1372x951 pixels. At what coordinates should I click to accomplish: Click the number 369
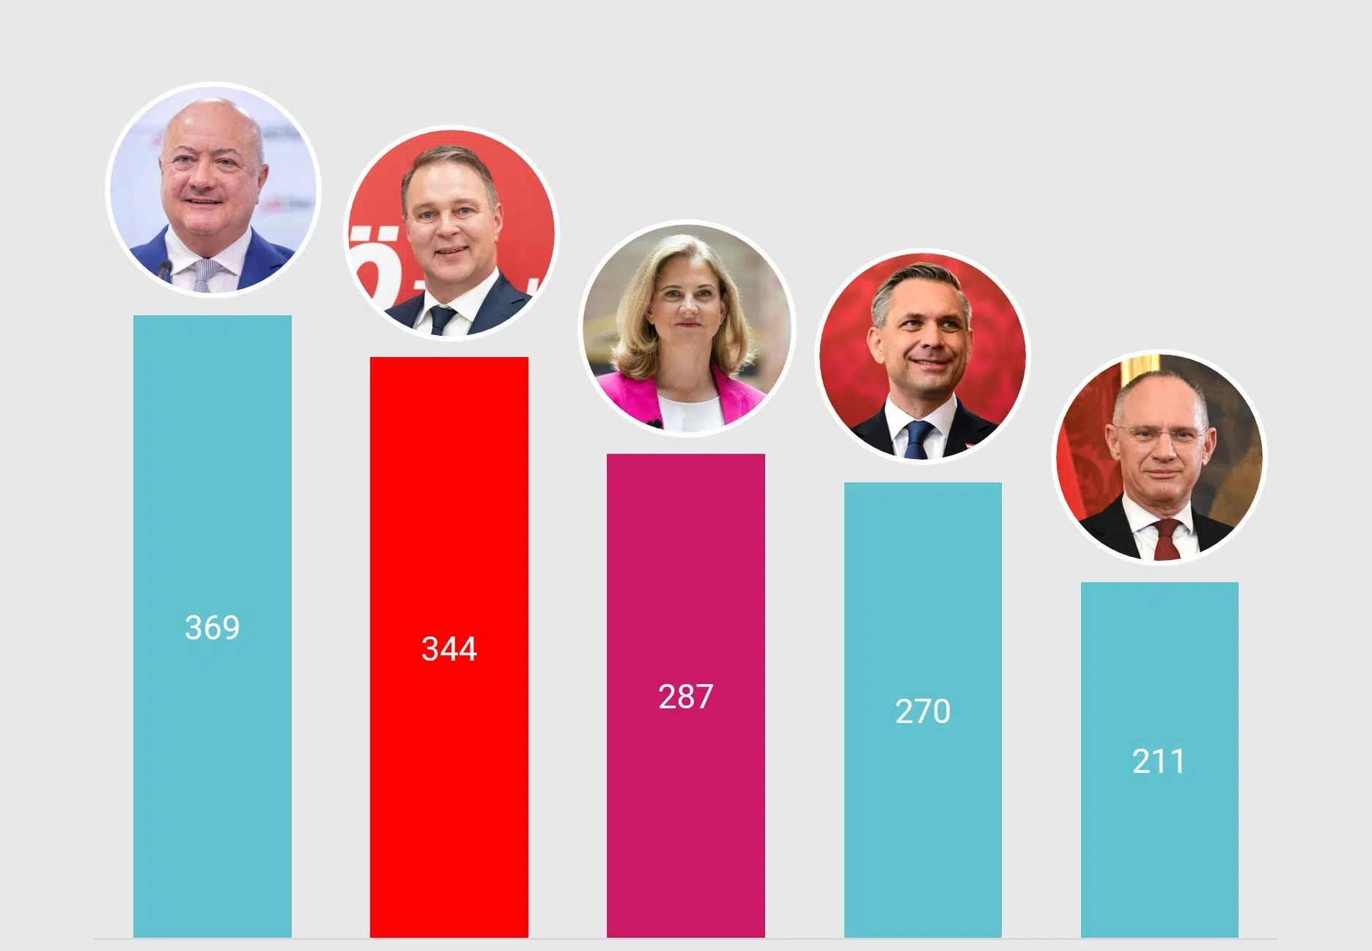(x=212, y=628)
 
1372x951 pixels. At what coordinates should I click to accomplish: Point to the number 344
(x=449, y=649)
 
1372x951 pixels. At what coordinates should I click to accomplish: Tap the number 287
(x=685, y=697)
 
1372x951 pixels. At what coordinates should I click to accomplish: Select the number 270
(x=923, y=711)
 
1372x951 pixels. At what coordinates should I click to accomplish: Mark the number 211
(x=1158, y=761)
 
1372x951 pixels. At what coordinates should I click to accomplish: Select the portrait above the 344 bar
(x=451, y=233)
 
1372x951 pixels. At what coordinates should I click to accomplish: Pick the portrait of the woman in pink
(x=687, y=328)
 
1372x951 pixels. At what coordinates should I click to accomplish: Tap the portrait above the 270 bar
(x=923, y=356)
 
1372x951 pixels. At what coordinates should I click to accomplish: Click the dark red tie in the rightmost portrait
(x=1166, y=541)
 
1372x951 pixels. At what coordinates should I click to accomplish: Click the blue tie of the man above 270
(x=916, y=439)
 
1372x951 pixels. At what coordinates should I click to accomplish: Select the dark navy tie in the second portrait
(x=441, y=320)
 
